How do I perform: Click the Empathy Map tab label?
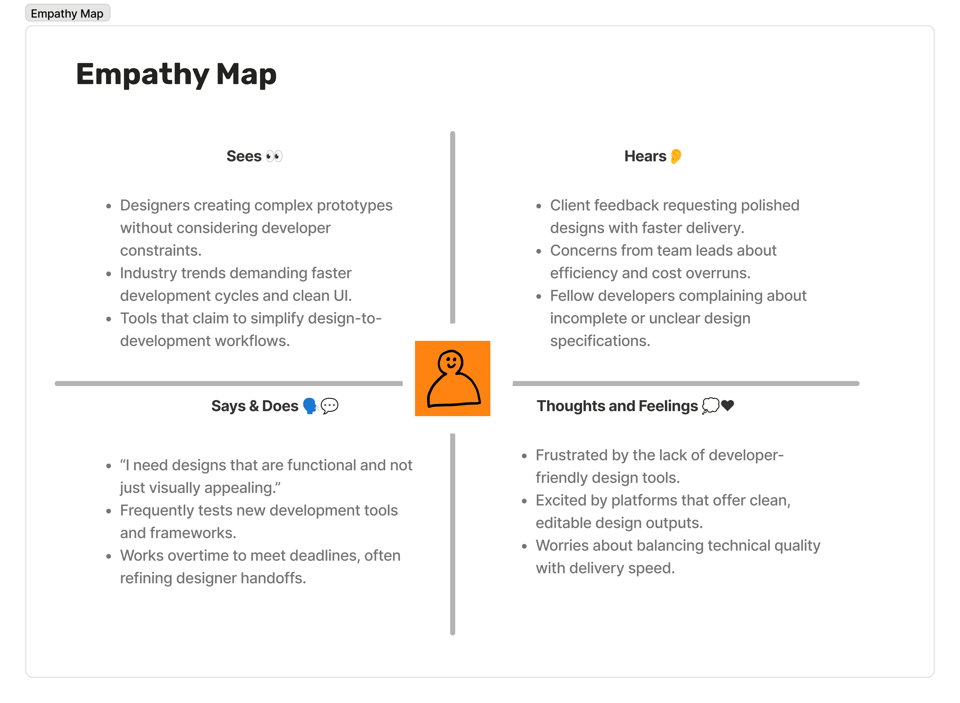coord(67,13)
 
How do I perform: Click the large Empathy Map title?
coord(176,74)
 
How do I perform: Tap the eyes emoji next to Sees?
coord(274,156)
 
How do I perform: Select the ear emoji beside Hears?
coord(676,156)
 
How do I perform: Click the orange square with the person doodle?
coord(453,378)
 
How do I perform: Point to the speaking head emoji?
coord(310,406)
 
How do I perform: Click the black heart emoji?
coord(728,405)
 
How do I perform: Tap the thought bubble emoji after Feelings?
coord(710,405)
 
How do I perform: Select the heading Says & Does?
coord(255,406)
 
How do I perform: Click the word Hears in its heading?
coord(645,156)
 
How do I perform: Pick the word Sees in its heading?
coord(244,156)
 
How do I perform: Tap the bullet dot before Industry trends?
coord(109,274)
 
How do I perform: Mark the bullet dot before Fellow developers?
coord(539,297)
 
